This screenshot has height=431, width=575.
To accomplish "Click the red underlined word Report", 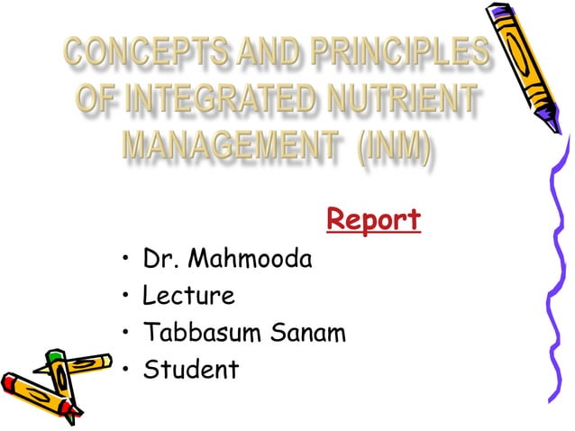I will point(373,219).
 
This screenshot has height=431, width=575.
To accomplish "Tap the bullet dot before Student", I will point(126,371).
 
